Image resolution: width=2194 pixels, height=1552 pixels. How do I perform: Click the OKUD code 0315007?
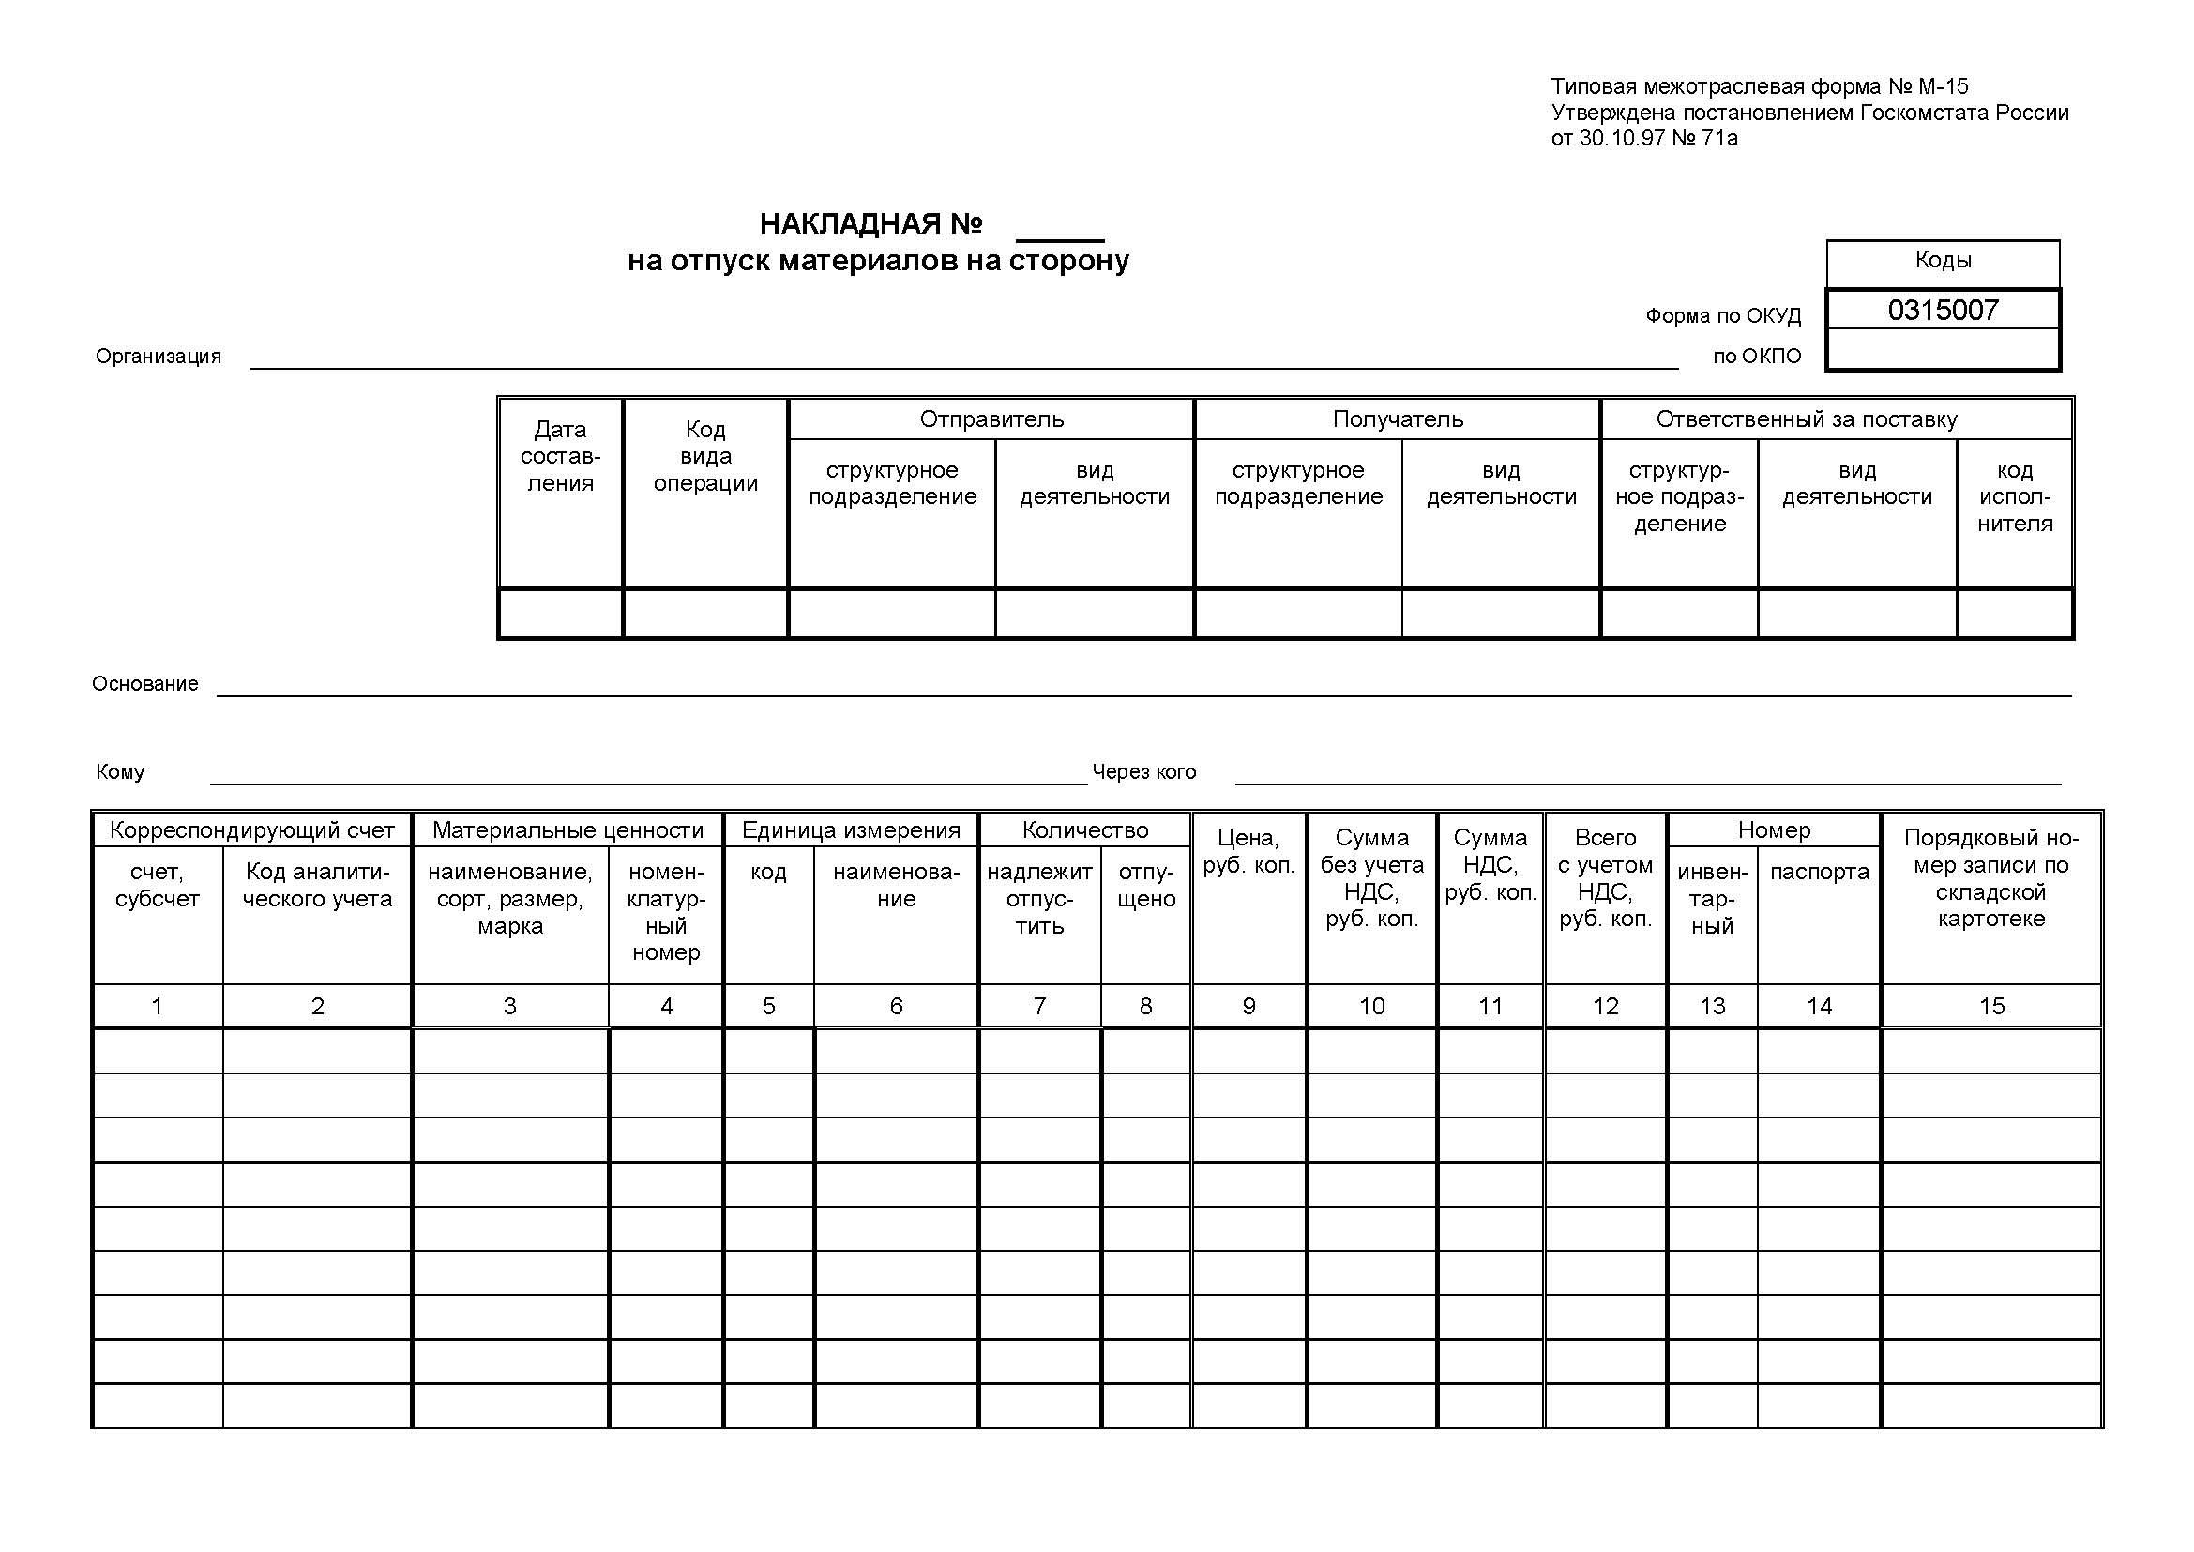coord(1943,310)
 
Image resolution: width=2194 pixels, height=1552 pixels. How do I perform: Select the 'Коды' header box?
coord(1943,260)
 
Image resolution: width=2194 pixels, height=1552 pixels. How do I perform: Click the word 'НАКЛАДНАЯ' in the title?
coord(850,223)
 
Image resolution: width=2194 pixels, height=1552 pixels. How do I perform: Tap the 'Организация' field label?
coord(159,357)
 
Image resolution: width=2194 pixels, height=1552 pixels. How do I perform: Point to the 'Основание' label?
coord(145,684)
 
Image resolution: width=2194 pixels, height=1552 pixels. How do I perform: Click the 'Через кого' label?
coord(1143,772)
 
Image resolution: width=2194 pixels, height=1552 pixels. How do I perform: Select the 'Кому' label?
coord(120,772)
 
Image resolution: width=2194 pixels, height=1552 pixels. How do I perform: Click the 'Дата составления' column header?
coord(560,457)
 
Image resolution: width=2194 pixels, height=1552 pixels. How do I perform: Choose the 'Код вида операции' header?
coord(705,457)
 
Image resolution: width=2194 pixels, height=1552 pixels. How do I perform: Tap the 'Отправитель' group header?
coord(991,419)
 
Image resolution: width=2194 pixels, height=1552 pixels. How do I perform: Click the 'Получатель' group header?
coord(1397,419)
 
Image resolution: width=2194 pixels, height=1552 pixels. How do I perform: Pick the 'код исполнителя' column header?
coord(2014,497)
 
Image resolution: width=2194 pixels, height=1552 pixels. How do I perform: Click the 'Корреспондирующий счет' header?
coord(251,830)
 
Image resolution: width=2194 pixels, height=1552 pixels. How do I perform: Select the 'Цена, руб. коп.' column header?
coord(1248,851)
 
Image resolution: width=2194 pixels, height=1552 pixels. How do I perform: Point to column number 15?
coord(1991,1006)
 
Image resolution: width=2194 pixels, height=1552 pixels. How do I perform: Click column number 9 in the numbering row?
coord(1248,1006)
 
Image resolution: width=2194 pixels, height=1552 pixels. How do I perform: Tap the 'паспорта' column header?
coord(1819,873)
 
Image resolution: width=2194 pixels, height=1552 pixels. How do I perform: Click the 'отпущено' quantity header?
coord(1145,886)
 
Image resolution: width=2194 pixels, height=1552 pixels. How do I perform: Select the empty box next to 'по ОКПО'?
coord(1943,350)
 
